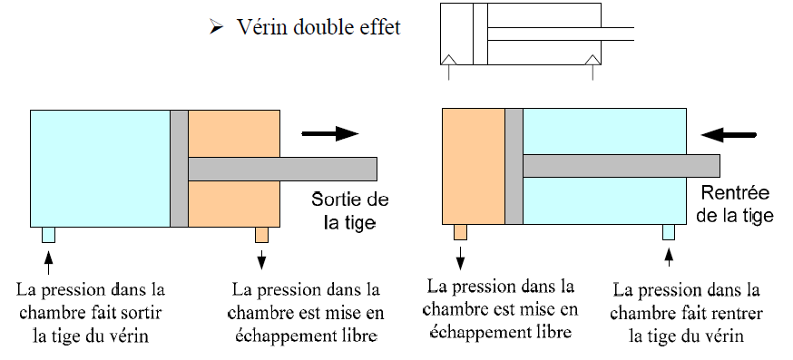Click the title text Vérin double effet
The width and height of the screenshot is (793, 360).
point(318,27)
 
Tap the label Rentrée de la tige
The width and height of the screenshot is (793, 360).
point(736,204)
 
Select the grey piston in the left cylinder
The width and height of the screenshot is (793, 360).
point(179,168)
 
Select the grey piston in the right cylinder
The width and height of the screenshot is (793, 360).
point(514,166)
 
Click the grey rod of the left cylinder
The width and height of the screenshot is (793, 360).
point(282,169)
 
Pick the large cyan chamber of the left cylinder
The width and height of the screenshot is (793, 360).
point(100,168)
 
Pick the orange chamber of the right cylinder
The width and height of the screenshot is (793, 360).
point(473,166)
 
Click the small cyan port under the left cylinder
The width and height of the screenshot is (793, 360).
point(48,235)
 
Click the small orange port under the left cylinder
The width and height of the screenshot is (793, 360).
point(261,235)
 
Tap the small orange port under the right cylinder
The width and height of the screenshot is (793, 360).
point(461,232)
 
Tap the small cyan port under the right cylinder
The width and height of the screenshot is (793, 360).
point(669,232)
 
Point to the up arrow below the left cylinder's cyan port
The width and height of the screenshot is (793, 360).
point(48,262)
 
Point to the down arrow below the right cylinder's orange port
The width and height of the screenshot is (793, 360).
point(461,259)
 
